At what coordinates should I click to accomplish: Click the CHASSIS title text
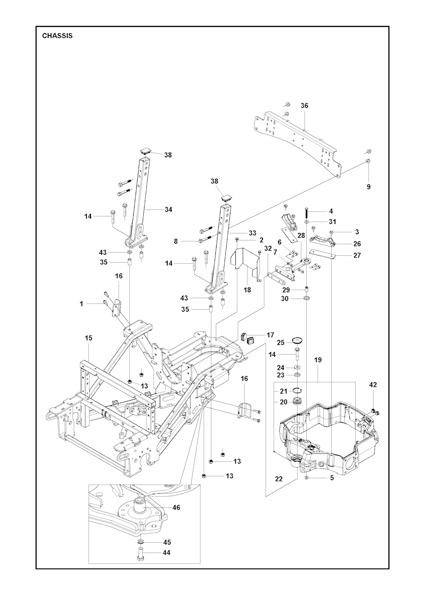(x=57, y=36)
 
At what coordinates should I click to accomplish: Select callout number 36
(x=304, y=106)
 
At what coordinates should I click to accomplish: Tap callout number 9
(x=369, y=187)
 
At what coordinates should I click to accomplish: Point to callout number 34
(x=168, y=210)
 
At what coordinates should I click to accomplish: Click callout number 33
(x=252, y=233)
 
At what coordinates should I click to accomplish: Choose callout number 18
(x=247, y=290)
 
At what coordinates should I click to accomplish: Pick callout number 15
(x=89, y=338)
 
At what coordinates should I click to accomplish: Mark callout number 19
(x=318, y=360)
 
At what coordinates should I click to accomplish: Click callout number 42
(x=373, y=385)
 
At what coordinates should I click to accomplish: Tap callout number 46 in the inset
(x=176, y=508)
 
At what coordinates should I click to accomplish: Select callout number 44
(x=166, y=553)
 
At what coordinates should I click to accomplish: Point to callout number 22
(x=278, y=479)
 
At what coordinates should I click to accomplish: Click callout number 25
(x=281, y=342)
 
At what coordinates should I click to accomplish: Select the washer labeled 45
(x=140, y=542)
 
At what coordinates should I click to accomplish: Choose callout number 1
(x=81, y=304)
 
